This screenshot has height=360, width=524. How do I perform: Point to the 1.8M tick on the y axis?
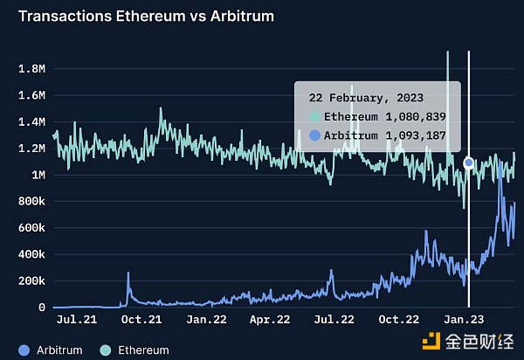pos(33,68)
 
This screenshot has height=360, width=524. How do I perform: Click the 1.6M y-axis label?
pos(33,94)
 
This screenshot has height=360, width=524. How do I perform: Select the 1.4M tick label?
pos(33,121)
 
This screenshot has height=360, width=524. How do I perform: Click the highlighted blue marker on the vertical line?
pos(469,163)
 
